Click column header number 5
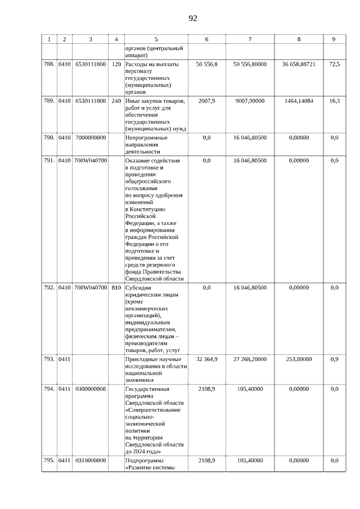(156, 39)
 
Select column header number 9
(334, 39)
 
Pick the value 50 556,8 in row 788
(206, 65)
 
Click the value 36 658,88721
(299, 65)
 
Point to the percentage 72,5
(334, 65)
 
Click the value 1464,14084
(299, 101)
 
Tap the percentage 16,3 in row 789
(334, 101)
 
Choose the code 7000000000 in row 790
(90, 138)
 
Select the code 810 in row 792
(116, 287)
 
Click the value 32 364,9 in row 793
(206, 359)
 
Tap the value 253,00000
(299, 359)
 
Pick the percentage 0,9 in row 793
(334, 359)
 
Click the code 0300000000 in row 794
(90, 389)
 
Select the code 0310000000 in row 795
(90, 461)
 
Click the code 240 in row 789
(116, 101)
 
